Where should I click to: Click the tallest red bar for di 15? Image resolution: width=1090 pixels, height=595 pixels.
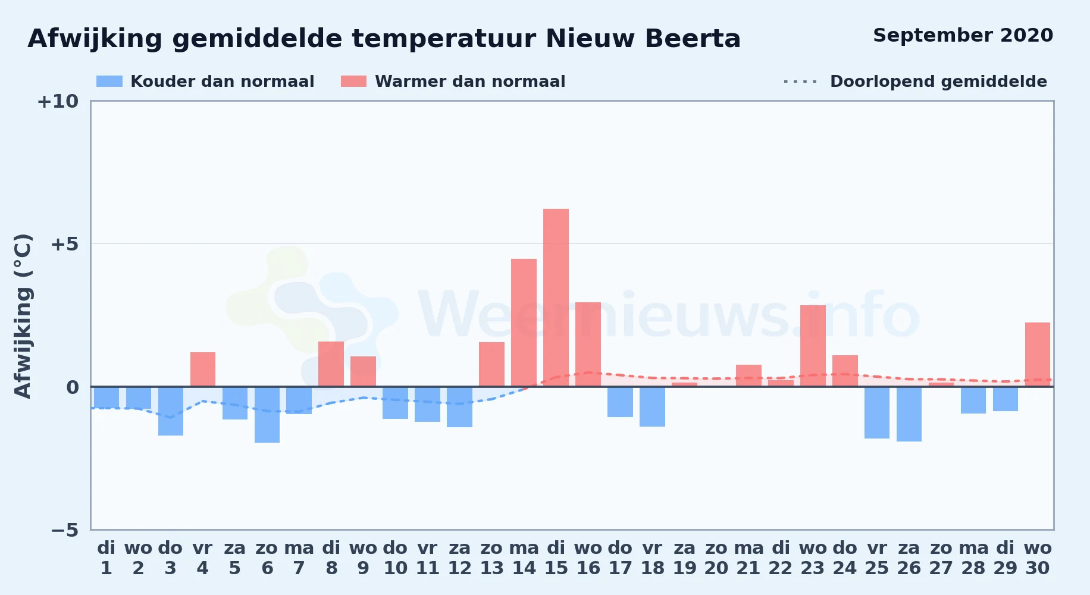[x=556, y=297]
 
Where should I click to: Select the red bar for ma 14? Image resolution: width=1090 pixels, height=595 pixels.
[x=524, y=322]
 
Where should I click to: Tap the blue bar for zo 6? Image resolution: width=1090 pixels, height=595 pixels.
[x=267, y=415]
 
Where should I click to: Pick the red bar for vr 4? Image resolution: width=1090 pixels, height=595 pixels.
[x=203, y=369]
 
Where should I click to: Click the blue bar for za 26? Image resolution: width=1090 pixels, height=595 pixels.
[x=909, y=414]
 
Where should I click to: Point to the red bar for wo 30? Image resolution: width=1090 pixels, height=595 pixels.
[x=1038, y=355]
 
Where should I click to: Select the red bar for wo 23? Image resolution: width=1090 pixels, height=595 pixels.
[x=813, y=346]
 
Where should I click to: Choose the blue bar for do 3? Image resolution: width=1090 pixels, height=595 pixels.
[x=171, y=411]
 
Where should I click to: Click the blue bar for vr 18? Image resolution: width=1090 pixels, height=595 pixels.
[x=652, y=406]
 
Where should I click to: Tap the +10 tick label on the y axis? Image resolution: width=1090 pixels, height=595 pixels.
[x=58, y=101]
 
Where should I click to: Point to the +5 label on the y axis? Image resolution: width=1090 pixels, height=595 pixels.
[x=64, y=244]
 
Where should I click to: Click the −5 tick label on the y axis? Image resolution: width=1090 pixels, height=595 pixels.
[x=65, y=530]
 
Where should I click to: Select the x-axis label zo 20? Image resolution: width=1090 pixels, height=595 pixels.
[x=716, y=558]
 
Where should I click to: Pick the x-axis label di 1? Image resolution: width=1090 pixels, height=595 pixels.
[x=107, y=558]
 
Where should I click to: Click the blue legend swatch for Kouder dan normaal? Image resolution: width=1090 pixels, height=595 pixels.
[x=109, y=82]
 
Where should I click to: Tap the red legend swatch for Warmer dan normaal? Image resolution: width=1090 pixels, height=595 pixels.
[x=353, y=82]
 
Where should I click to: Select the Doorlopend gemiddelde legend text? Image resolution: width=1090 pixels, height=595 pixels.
[x=938, y=82]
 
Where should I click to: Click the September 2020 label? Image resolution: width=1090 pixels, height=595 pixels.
[x=963, y=35]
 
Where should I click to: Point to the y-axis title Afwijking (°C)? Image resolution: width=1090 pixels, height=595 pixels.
[x=23, y=316]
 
